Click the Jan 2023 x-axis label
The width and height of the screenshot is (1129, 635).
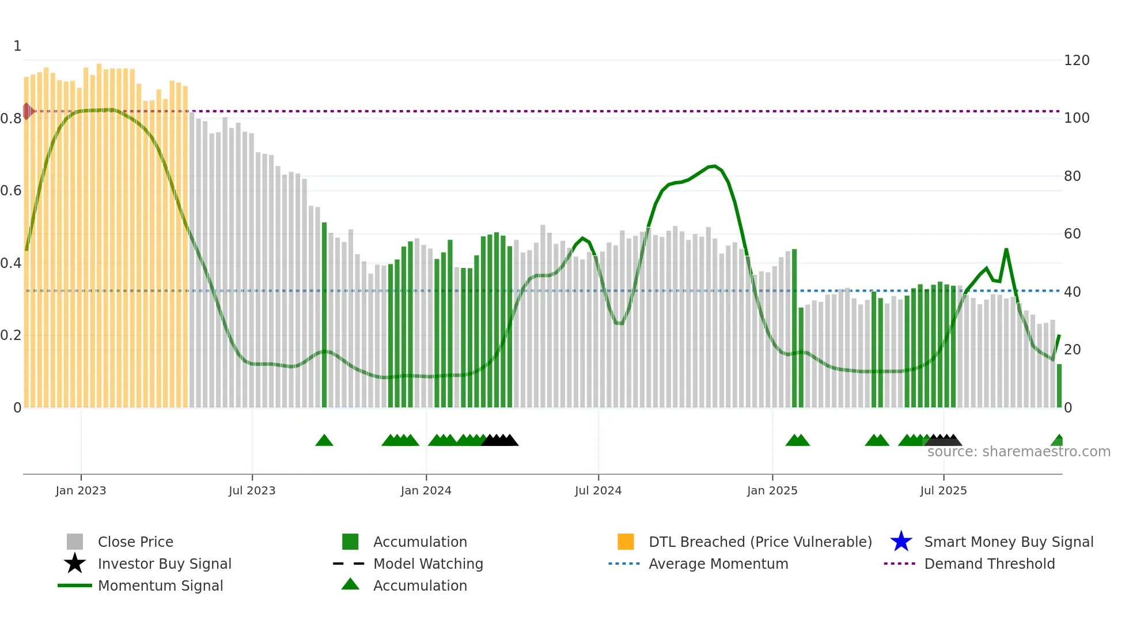(x=81, y=490)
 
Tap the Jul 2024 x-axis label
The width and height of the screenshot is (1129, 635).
(x=598, y=490)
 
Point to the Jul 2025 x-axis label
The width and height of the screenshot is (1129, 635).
(x=943, y=490)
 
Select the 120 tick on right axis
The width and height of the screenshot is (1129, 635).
(x=1077, y=61)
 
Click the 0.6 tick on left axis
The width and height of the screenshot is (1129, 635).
(x=11, y=191)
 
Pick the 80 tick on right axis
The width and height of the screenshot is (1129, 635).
(x=1072, y=176)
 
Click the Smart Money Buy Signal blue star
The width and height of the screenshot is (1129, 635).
(x=901, y=542)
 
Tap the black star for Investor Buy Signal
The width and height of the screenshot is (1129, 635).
(x=75, y=564)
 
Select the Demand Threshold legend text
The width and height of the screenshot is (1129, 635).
(x=989, y=564)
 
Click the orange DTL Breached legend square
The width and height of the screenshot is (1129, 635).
(x=626, y=542)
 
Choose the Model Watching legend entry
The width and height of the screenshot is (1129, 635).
(x=428, y=564)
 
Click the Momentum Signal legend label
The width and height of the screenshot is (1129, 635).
(x=160, y=585)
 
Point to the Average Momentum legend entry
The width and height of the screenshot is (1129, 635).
(x=718, y=564)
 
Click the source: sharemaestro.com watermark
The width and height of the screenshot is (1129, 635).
(x=1018, y=452)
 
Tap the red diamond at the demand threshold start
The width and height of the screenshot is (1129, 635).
(x=27, y=111)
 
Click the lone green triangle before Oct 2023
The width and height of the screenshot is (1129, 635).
(x=324, y=441)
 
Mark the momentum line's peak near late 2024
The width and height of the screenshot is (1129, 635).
(x=714, y=166)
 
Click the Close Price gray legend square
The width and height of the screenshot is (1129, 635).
(x=75, y=542)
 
